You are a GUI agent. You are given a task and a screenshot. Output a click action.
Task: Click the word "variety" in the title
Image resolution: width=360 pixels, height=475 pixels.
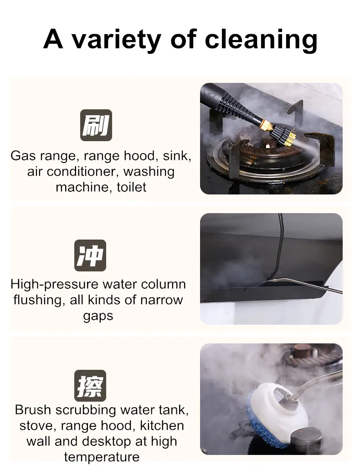click(116, 39)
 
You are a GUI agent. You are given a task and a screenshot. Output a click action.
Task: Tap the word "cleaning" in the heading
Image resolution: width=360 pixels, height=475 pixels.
click(261, 39)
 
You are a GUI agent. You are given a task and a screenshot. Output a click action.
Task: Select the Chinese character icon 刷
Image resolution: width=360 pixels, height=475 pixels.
click(96, 125)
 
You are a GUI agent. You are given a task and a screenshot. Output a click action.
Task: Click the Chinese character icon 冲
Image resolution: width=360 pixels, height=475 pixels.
click(90, 255)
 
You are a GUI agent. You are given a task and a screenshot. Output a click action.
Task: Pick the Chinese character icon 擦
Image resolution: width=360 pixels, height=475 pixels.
click(90, 386)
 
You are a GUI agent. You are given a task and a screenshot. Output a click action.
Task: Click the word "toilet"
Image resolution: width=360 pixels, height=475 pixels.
click(132, 187)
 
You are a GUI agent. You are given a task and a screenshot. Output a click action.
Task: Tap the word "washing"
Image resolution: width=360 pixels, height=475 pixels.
click(149, 172)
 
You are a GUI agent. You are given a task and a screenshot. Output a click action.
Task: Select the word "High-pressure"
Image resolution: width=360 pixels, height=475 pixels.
click(54, 285)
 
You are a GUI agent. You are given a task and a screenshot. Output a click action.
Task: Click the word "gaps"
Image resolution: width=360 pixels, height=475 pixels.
click(98, 317)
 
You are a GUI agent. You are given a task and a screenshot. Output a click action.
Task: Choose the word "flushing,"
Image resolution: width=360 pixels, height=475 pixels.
click(38, 300)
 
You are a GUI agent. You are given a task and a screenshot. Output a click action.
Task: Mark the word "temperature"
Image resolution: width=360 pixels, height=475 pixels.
click(102, 457)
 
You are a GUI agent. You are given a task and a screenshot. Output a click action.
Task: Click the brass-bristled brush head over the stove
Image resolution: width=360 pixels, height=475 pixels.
click(283, 136)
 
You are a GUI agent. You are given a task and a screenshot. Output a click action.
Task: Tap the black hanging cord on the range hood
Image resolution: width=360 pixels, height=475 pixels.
click(280, 246)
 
